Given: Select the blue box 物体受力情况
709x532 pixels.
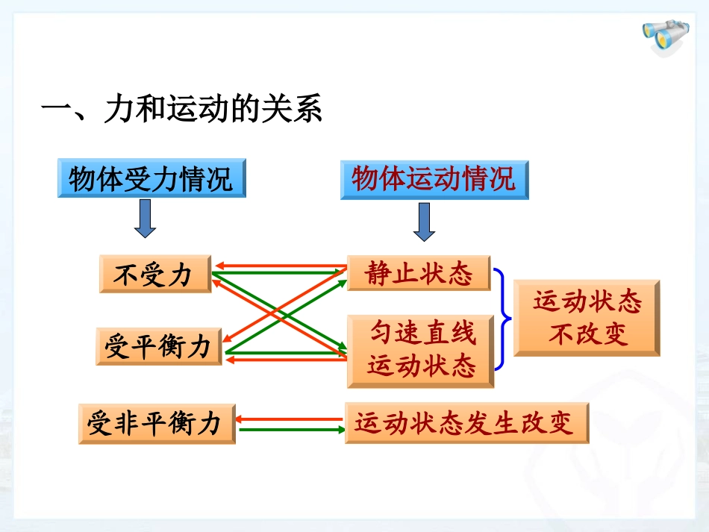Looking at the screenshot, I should coord(152,179).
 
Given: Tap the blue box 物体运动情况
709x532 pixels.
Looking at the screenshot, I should coord(434,179).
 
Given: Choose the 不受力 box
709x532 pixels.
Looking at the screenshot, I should coord(154,275).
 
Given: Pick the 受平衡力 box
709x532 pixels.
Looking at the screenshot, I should coord(158,347).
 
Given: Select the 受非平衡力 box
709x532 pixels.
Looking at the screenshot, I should coord(156,424).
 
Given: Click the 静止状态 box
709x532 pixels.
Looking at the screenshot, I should coord(419,274).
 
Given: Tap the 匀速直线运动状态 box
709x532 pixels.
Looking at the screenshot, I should coord(421,350).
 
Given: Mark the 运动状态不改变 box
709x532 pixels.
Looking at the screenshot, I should coord(587,318).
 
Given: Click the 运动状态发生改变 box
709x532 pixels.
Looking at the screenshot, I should coord(466,424).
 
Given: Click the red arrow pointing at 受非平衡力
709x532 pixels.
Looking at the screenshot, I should coord(291,419).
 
